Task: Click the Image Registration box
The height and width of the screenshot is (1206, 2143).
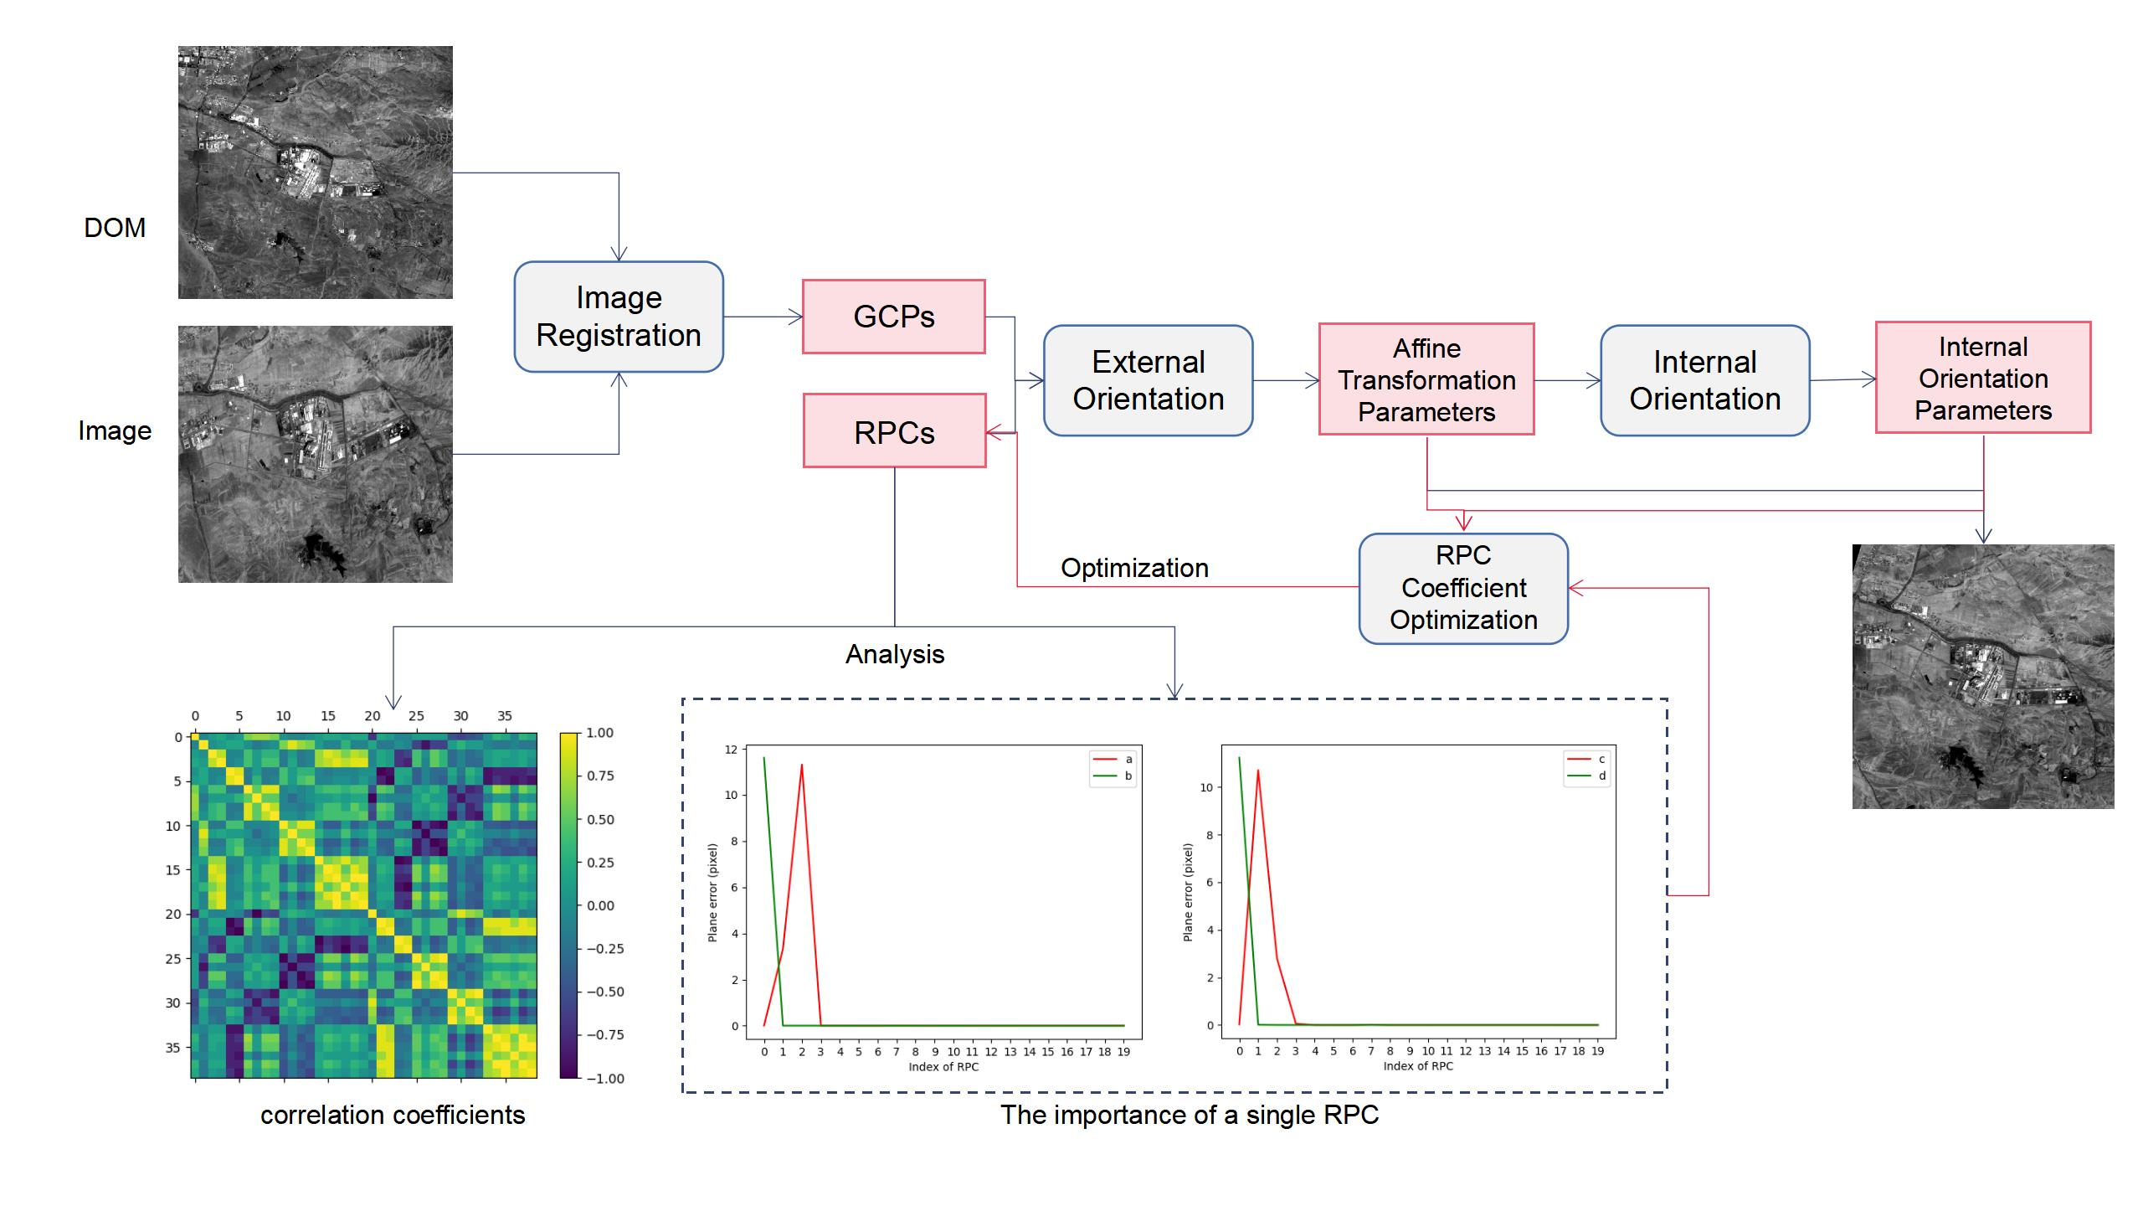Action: click(x=619, y=317)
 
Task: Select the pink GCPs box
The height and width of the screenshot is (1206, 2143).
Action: click(x=893, y=317)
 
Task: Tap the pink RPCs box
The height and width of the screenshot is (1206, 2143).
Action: click(x=894, y=431)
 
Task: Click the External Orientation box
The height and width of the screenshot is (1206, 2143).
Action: click(x=1148, y=380)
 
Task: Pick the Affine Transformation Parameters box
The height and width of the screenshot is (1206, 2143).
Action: click(x=1426, y=379)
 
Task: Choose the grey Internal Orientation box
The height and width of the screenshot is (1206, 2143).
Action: click(x=1704, y=380)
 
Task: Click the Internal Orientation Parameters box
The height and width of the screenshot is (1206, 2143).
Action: click(x=1982, y=378)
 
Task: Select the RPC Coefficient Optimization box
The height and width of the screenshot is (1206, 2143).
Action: click(x=1462, y=588)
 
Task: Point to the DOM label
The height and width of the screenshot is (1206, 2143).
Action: click(x=115, y=228)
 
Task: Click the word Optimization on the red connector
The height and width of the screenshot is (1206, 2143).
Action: click(x=1134, y=568)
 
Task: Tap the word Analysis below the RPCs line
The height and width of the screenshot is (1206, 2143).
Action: click(x=894, y=654)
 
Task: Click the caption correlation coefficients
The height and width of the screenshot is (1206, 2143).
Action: click(x=393, y=1116)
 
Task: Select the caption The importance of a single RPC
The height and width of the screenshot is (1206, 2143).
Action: click(x=1189, y=1116)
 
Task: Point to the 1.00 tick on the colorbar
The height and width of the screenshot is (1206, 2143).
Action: click(x=599, y=733)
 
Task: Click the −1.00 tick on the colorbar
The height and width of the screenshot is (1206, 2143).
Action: click(x=604, y=1079)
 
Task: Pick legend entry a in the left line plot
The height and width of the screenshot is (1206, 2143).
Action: click(x=1128, y=760)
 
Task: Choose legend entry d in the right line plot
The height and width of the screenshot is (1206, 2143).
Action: click(x=1601, y=776)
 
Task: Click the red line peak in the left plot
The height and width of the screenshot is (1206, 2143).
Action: click(x=802, y=765)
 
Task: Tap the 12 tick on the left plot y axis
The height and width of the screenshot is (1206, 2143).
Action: click(x=731, y=750)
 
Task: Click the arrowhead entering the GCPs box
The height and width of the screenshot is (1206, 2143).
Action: click(x=796, y=317)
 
